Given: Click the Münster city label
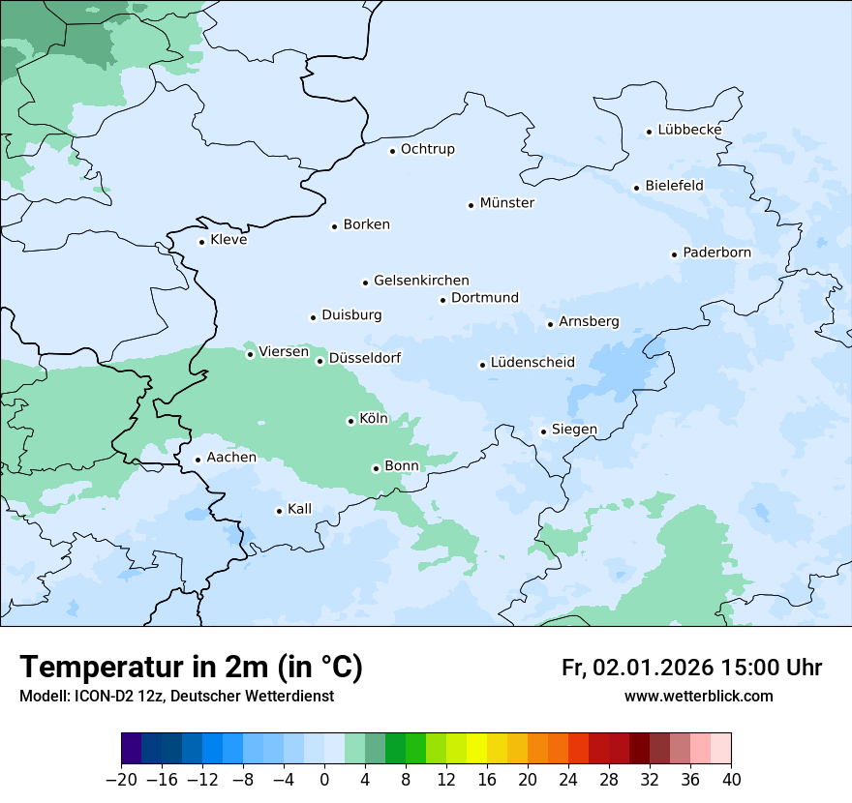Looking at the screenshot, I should tap(506, 203).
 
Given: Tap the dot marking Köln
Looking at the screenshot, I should tap(350, 421).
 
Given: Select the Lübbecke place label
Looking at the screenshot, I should tap(689, 130).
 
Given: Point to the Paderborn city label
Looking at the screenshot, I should tap(716, 253).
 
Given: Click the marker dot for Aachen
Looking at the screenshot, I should tap(198, 461).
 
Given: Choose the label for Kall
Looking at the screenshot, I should tap(299, 509).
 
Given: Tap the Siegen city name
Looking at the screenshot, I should tap(574, 430).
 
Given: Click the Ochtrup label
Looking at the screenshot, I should tap(427, 149).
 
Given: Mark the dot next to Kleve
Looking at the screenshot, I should tap(201, 242).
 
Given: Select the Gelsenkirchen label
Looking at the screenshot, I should tap(421, 281).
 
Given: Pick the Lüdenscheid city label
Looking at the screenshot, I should tap(532, 363).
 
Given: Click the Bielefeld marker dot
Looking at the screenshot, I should tap(636, 188).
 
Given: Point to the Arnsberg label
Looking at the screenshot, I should tap(589, 321).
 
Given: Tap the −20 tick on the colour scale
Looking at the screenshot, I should tap(121, 779).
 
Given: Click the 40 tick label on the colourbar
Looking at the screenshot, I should tap(731, 779).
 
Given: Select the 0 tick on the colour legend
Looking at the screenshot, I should tap(324, 779).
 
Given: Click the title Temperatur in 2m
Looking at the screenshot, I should tap(191, 667).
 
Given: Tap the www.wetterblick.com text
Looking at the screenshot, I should tap(698, 696).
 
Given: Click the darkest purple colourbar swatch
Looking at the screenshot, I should tap(132, 749).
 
